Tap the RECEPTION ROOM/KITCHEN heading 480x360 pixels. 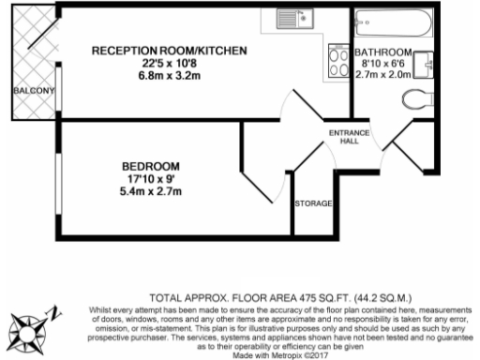[169, 50]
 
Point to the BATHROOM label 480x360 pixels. [382, 51]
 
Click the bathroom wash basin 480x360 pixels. [427, 61]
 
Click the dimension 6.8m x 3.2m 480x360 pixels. [169, 76]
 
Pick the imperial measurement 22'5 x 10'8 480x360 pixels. [169, 63]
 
